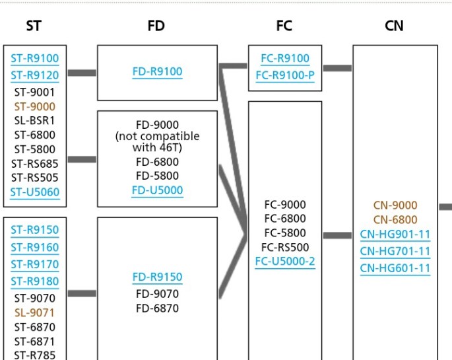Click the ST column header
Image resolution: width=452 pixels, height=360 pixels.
tap(34, 26)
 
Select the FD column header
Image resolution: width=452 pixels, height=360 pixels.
tap(156, 26)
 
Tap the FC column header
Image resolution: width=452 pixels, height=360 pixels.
tap(284, 26)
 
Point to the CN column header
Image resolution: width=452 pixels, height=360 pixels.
tap(394, 26)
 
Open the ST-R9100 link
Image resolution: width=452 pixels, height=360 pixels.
tap(34, 58)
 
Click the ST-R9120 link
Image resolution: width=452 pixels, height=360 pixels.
tap(34, 75)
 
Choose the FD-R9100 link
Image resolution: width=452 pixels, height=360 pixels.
tap(157, 71)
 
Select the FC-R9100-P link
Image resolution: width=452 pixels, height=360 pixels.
tap(285, 75)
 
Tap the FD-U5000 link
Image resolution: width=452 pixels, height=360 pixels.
tap(157, 190)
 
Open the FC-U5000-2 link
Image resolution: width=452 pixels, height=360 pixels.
tap(285, 261)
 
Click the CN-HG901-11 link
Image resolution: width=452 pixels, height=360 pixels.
tap(395, 234)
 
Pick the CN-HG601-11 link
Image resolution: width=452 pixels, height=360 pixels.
tap(395, 268)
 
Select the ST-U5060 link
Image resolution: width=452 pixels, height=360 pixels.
tap(34, 192)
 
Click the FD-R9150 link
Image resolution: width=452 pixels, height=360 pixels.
tap(157, 277)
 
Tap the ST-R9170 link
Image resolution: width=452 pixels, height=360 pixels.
tap(34, 264)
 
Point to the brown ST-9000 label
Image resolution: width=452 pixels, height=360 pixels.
tap(34, 106)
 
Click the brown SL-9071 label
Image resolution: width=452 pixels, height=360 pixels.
tap(34, 312)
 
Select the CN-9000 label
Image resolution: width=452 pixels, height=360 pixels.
tap(395, 205)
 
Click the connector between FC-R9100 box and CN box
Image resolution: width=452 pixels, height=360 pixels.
tap(337, 67)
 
